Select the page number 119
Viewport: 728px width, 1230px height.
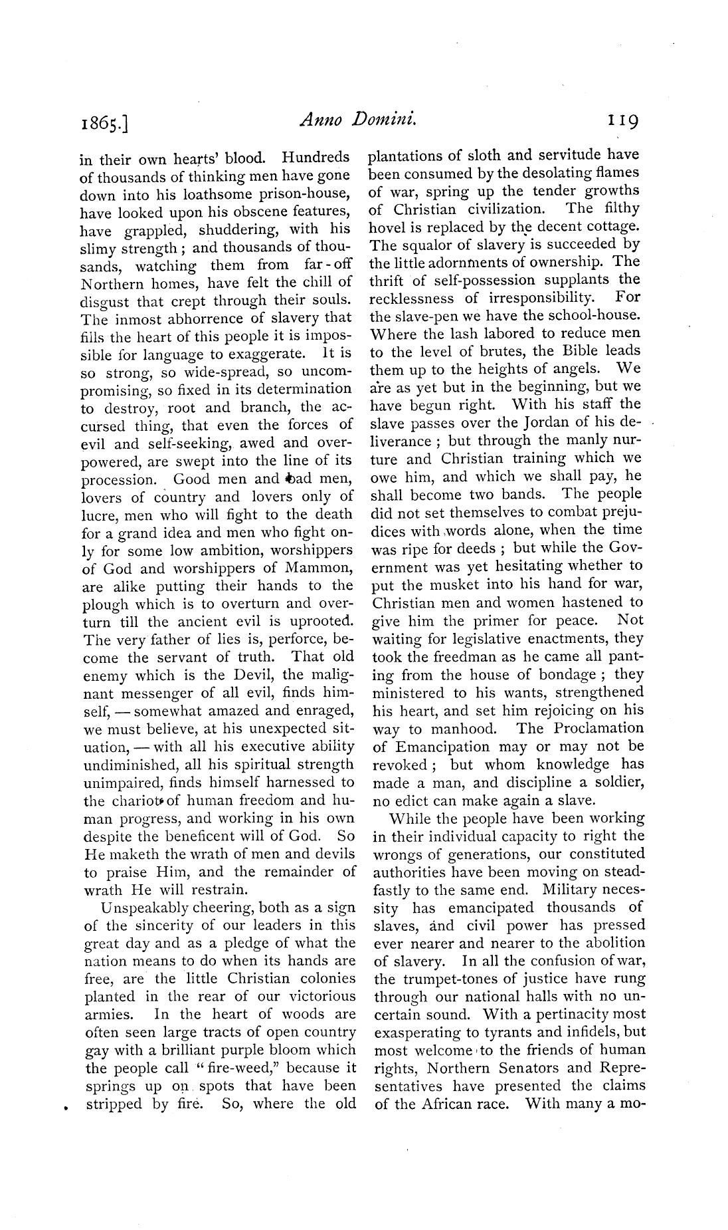point(619,121)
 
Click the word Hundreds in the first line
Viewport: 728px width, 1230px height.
point(316,158)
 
